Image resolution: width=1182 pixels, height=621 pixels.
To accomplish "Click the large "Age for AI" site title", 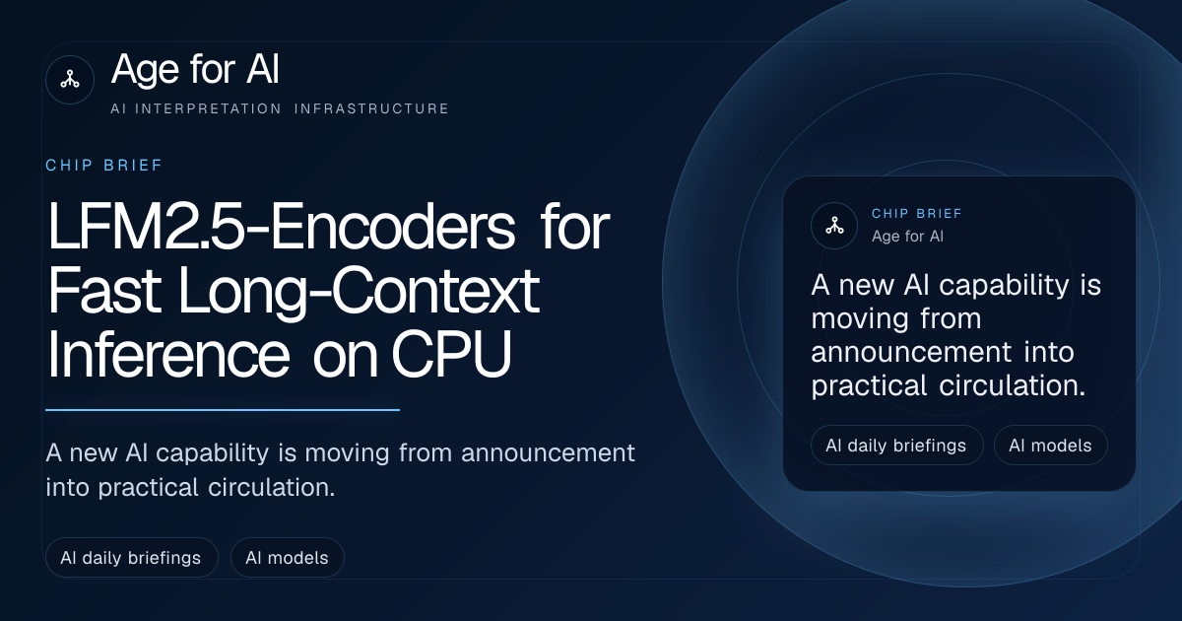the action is coord(195,69).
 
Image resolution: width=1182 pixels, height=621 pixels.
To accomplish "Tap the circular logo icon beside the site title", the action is coord(70,80).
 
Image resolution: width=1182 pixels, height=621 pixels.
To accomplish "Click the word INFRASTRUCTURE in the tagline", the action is coord(371,108).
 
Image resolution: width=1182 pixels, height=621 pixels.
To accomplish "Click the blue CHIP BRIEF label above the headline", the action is coord(104,166).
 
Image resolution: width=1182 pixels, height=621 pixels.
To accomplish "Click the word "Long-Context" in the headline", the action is coord(359,292).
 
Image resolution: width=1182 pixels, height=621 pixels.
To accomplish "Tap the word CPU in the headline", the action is coord(452,353).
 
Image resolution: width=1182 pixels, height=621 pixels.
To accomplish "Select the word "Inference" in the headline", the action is coord(168,353).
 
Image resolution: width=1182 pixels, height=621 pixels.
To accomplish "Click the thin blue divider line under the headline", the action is coord(223,410).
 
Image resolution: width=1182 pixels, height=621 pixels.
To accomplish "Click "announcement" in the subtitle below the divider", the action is coord(548,453).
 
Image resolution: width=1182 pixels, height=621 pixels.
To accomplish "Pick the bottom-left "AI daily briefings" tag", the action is coord(131,558).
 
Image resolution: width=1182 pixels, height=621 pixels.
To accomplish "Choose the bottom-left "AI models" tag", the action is coord(287,558).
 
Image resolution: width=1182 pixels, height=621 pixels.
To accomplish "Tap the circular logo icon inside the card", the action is coord(834,226).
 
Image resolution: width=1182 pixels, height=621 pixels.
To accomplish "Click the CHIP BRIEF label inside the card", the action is coord(917,214).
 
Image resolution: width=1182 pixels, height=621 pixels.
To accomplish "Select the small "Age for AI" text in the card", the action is coord(907,236).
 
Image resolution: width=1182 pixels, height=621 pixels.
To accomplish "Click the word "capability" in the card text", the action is coord(1004,286).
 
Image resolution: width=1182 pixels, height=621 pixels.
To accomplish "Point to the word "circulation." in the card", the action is coord(1013,385).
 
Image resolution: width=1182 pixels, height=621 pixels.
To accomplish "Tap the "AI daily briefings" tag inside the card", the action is coord(897,446).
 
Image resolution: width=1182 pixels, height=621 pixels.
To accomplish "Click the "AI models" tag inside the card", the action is coord(1051,446).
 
